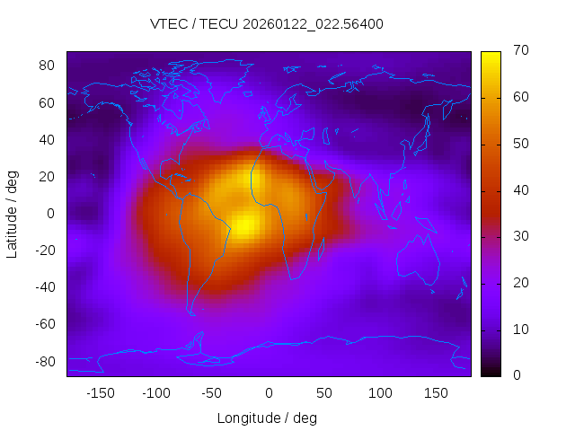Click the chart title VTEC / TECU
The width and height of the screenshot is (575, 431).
click(x=267, y=24)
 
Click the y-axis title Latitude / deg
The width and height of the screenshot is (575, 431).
click(x=13, y=214)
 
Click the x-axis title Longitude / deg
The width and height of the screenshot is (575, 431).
click(x=267, y=418)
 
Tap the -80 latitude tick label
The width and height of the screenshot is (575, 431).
click(x=45, y=361)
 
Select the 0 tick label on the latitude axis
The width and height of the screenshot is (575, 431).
click(x=51, y=214)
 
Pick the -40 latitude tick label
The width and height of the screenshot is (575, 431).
click(x=45, y=287)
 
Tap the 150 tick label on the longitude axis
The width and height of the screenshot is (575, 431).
click(x=437, y=393)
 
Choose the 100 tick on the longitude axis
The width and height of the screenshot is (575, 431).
click(x=381, y=393)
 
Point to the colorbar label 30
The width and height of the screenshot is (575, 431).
click(x=518, y=236)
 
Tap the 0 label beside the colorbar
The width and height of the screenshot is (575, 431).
click(x=515, y=375)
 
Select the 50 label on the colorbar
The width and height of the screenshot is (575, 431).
click(x=518, y=144)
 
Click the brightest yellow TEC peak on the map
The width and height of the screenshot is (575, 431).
click(x=244, y=224)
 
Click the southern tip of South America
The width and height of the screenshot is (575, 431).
click(x=191, y=313)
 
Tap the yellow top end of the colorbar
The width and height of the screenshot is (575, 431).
click(x=490, y=56)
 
